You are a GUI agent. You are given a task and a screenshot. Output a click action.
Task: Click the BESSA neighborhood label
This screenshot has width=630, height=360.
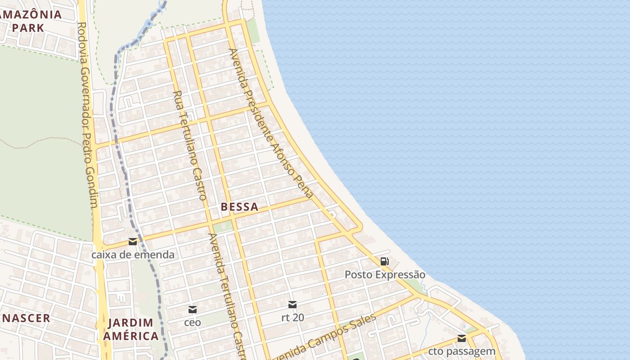239,207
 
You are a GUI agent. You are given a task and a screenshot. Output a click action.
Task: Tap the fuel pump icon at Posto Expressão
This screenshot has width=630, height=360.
385,261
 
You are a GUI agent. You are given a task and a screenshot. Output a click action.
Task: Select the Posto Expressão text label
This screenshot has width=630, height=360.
385,274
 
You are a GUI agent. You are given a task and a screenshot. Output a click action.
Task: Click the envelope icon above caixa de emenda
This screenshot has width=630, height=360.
133,242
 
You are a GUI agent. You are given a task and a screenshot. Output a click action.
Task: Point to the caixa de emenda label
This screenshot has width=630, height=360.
133,255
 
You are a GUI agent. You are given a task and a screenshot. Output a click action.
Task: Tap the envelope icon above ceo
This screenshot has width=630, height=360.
193,309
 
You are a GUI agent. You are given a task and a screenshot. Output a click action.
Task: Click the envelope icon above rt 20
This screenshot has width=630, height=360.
292,305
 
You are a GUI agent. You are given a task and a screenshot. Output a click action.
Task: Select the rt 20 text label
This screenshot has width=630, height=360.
292,317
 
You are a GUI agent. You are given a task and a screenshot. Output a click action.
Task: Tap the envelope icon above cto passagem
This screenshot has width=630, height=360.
462,338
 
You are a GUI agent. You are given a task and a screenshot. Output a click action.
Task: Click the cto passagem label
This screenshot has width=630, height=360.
462,351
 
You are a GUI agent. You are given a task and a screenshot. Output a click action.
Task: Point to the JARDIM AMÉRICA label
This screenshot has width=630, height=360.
130,329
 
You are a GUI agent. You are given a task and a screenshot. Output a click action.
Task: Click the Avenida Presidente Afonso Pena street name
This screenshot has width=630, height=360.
270,124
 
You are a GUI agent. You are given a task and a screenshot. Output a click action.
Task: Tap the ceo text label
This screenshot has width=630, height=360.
193,322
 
